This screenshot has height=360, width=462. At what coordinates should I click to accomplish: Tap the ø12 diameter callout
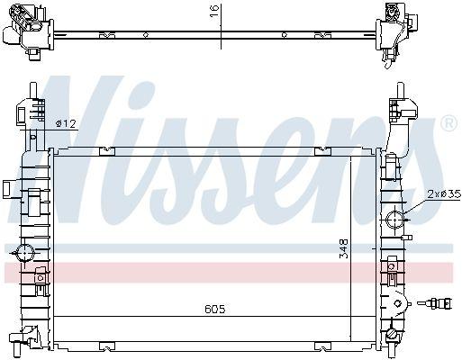pos(65,122)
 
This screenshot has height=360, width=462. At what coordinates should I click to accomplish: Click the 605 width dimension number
pos(214,309)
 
